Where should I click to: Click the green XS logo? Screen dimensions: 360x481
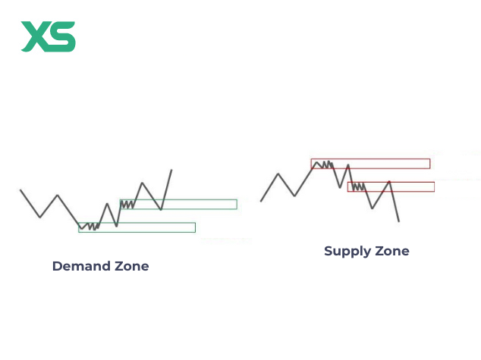point(48,36)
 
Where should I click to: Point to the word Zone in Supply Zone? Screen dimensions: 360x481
point(392,252)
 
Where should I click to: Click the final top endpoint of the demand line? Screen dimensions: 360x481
point(171,170)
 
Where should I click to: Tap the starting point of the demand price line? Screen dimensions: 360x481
point(20,190)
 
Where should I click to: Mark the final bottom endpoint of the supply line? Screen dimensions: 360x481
point(398,221)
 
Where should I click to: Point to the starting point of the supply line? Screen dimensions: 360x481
point(261,201)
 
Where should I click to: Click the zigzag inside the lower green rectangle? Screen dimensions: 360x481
point(90,226)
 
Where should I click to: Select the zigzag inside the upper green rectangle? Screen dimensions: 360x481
point(128,203)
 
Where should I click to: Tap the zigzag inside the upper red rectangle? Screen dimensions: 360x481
point(324,163)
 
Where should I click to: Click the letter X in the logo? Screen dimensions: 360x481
point(35,36)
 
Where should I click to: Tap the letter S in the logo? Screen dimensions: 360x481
point(63,36)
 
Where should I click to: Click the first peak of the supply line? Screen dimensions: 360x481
point(278,174)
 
